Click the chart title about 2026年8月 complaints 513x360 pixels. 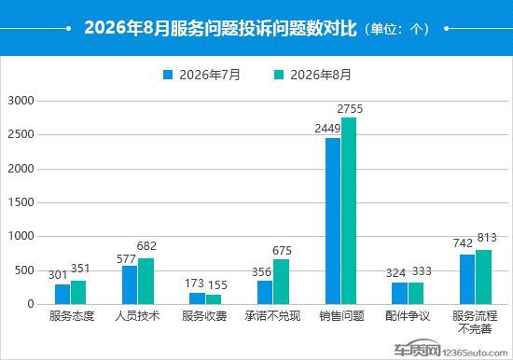click(256, 28)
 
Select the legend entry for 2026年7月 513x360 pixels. click(201, 75)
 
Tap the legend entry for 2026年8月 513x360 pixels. click(312, 75)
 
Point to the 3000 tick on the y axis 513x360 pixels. click(21, 101)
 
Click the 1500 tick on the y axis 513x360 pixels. click(21, 202)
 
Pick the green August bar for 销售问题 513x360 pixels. click(349, 211)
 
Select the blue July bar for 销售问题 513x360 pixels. click(333, 221)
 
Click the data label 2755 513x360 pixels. click(350, 109)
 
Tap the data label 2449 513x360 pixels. click(327, 129)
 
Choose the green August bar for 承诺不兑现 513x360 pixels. click(281, 282)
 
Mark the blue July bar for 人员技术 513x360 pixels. click(130, 285)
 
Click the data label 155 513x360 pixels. click(217, 285)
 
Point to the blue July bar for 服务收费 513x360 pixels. click(198, 298)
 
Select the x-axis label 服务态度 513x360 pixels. click(72, 316)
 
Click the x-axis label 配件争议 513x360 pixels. click(408, 316)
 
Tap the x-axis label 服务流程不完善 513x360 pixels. click(475, 322)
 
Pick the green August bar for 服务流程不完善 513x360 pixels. click(483, 277)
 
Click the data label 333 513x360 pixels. click(422, 271)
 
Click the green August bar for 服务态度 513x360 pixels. click(78, 293)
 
